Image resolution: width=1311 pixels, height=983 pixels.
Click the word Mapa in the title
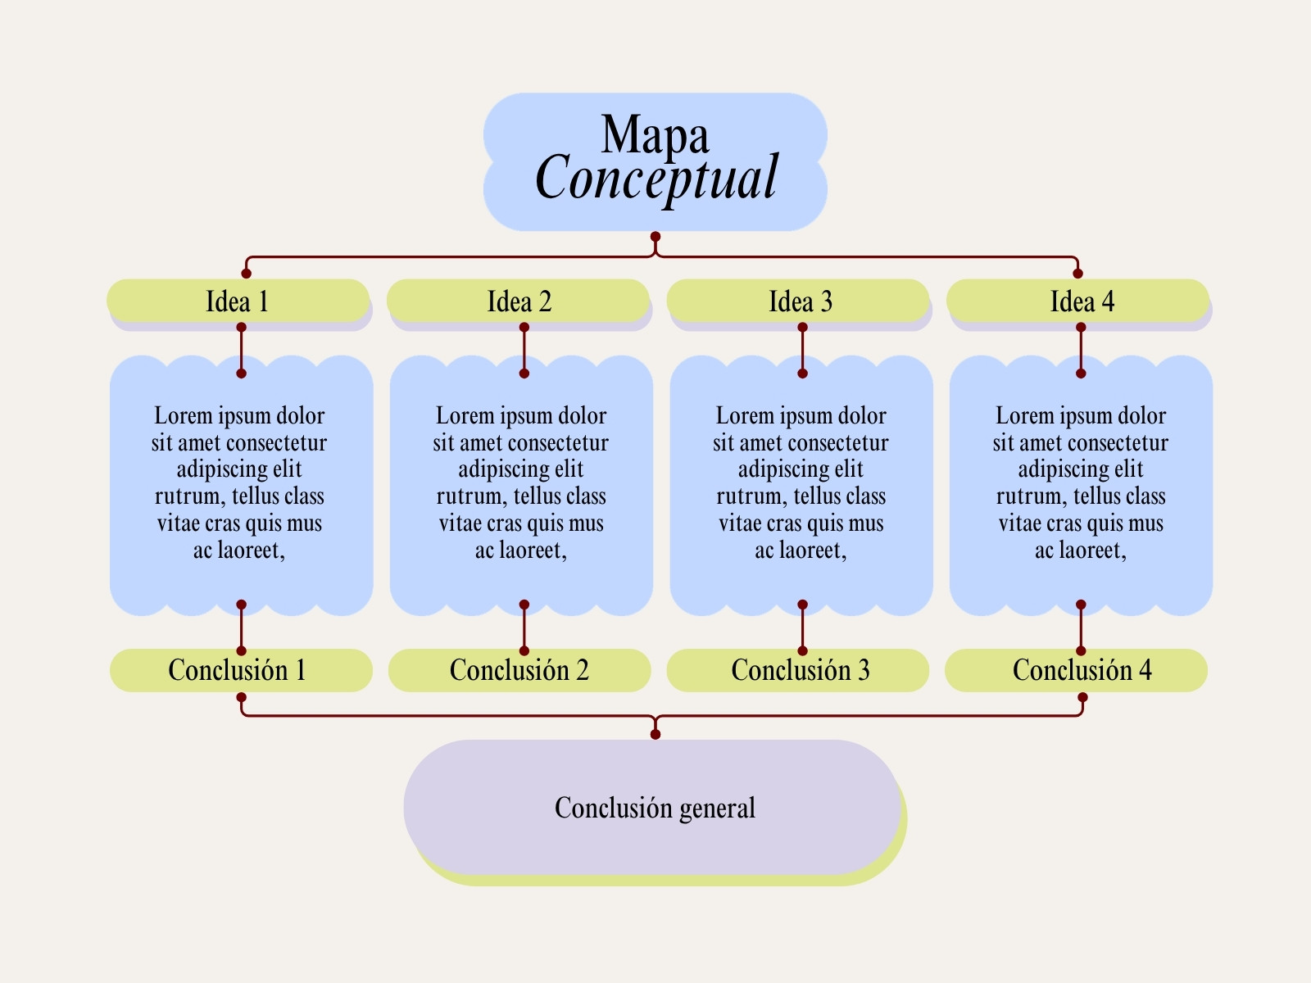655,135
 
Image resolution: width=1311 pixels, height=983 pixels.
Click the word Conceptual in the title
655,177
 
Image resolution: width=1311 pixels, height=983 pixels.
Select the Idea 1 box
238,301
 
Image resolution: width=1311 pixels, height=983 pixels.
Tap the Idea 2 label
519,301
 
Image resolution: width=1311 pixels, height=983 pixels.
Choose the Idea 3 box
798,301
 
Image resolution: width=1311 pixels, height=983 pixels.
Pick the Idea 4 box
1078,301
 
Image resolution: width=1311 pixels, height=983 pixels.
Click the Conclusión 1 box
241,670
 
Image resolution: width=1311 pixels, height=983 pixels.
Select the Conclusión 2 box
519,670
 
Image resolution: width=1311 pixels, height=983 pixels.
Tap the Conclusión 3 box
798,670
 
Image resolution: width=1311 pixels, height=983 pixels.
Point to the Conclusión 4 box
1077,670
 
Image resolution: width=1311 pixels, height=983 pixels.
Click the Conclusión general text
655,809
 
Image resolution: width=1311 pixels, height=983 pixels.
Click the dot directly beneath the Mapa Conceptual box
655,237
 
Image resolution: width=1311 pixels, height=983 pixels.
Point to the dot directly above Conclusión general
655,735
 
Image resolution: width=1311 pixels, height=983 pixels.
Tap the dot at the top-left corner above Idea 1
246,274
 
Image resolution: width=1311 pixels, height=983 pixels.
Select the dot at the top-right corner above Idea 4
1077,274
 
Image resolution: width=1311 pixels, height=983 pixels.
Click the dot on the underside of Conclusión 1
241,697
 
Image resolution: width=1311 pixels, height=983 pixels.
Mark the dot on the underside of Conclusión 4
1082,697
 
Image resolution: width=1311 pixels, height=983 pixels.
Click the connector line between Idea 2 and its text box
524,351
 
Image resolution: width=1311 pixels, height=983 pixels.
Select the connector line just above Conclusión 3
802,627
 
